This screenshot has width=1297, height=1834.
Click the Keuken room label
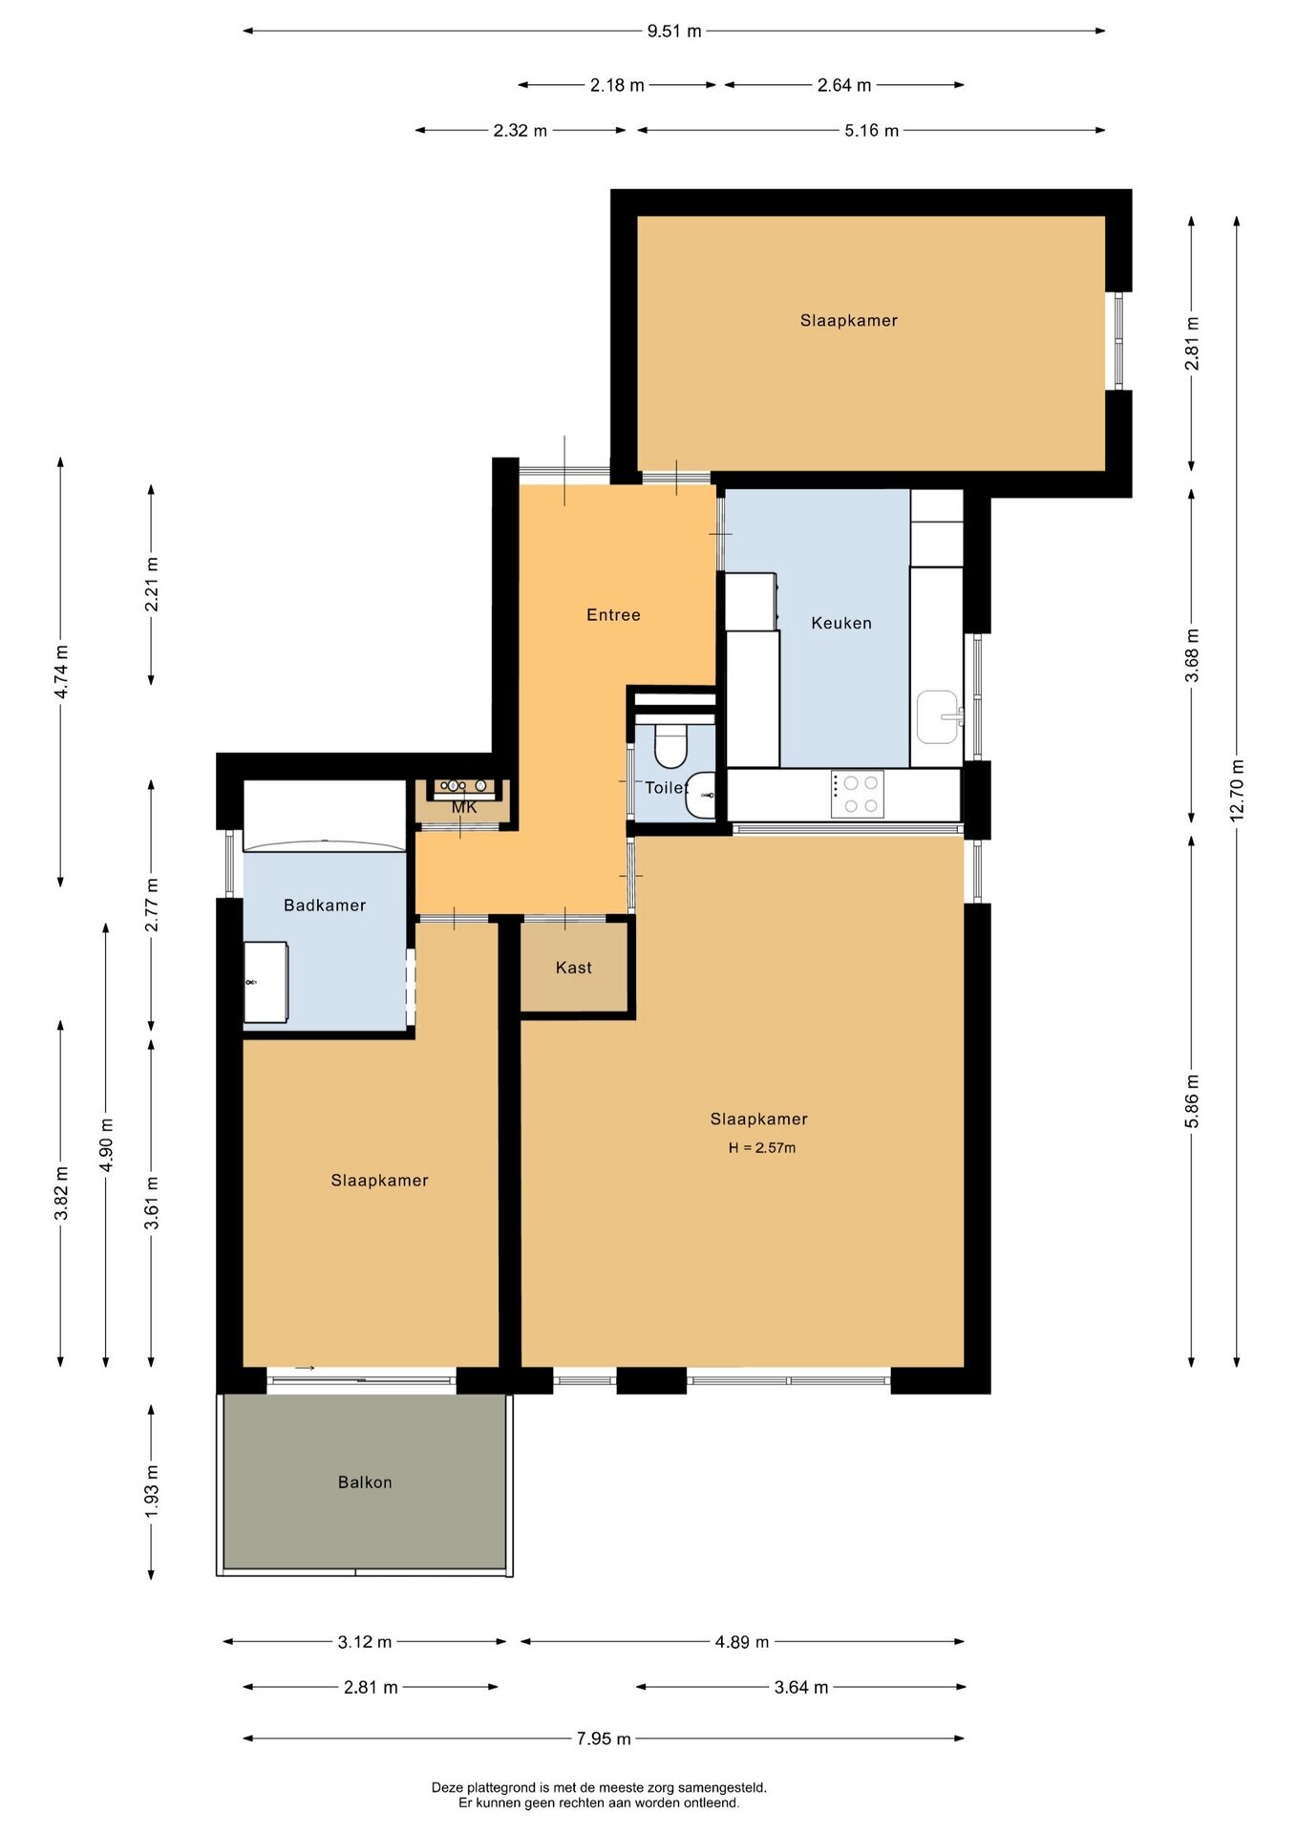(841, 623)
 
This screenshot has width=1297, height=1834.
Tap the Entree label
(613, 615)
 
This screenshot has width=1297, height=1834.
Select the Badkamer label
(325, 906)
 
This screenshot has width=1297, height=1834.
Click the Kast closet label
(574, 968)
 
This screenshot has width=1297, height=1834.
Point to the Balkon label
(365, 1482)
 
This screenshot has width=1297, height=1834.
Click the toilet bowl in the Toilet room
(671, 745)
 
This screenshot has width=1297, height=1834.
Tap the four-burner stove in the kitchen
(857, 794)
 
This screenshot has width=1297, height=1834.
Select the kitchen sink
(938, 716)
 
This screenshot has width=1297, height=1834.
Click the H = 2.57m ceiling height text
(762, 1148)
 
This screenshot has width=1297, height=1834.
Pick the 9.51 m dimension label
(674, 32)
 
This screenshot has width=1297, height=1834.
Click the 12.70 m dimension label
(1237, 790)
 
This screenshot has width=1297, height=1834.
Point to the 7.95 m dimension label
(604, 1738)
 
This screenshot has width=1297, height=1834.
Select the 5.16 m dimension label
(871, 131)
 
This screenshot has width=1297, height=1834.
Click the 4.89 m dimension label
(742, 1642)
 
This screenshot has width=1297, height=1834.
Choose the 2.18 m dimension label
(617, 86)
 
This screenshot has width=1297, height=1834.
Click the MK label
(464, 808)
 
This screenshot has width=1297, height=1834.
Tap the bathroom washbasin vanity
(266, 982)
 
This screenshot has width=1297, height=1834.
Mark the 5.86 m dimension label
(1192, 1100)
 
